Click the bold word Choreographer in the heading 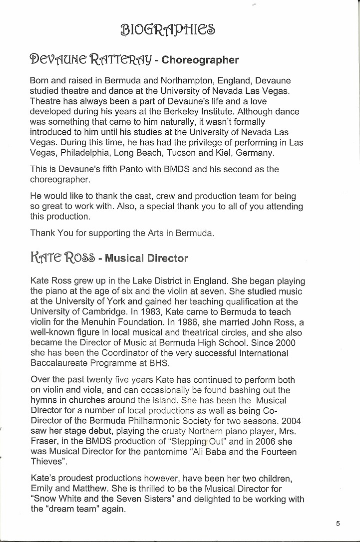(x=200, y=60)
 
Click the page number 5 (x=338, y=523)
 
